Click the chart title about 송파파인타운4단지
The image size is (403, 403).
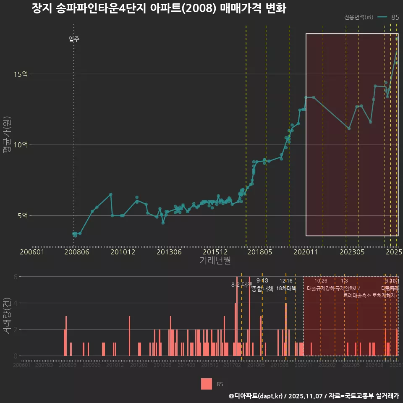[159, 9]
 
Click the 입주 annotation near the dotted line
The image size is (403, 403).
[74, 39]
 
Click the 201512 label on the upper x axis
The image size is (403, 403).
[215, 252]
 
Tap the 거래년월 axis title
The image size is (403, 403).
[215, 261]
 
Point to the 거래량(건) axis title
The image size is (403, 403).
[7, 317]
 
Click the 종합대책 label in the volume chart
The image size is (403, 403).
[262, 288]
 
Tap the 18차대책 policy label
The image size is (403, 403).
[286, 288]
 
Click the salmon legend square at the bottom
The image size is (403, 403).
[207, 384]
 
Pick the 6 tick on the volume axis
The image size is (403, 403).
[16, 277]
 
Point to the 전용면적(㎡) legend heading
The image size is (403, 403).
[359, 17]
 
